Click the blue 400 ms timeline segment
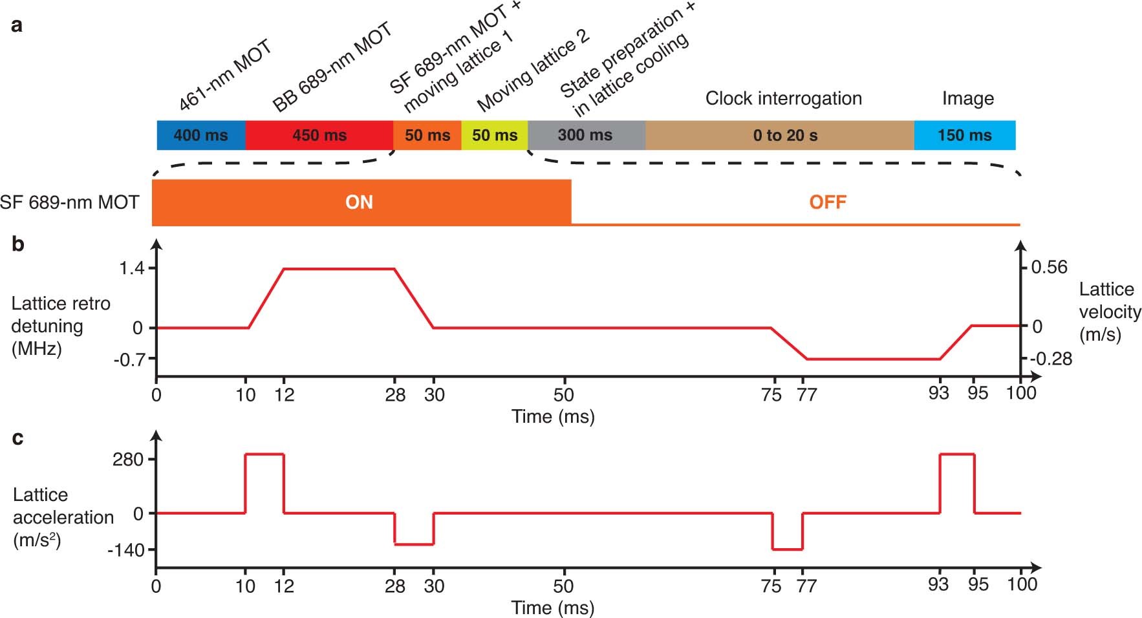click(200, 135)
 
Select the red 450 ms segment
click(319, 135)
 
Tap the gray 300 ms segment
click(585, 135)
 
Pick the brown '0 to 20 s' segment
click(784, 135)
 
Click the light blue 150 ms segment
click(964, 135)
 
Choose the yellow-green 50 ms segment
click(495, 135)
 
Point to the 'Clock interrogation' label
click(783, 98)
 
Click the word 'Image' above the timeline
click(967, 98)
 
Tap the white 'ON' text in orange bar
click(359, 202)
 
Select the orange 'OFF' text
click(827, 202)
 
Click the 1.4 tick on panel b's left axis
click(132, 268)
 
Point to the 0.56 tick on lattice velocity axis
click(1049, 268)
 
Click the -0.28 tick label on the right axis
click(1051, 359)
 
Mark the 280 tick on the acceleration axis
click(127, 460)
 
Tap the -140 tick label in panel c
click(125, 550)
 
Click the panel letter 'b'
click(18, 244)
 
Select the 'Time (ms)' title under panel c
click(553, 608)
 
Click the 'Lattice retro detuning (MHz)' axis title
click(60, 326)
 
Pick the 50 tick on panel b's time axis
click(563, 394)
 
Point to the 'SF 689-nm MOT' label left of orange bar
click(69, 202)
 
